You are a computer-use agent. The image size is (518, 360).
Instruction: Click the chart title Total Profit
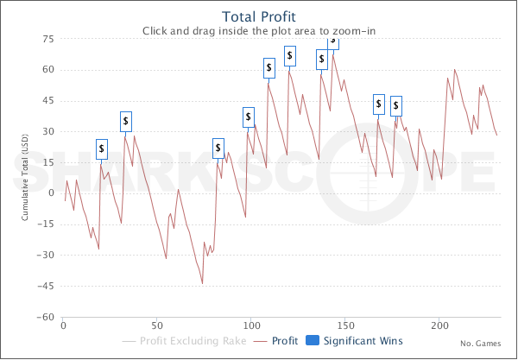[x=259, y=16]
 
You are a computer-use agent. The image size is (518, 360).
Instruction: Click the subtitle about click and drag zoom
[x=258, y=31]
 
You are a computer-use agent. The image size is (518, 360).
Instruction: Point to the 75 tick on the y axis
[x=49, y=40]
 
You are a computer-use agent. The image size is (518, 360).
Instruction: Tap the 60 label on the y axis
[x=49, y=70]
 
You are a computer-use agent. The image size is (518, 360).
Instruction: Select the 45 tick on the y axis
[x=49, y=101]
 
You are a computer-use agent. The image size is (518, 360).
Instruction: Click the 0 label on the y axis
[x=52, y=193]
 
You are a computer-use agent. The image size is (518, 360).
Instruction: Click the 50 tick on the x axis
[x=157, y=327]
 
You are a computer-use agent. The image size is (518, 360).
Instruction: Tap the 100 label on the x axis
[x=251, y=327]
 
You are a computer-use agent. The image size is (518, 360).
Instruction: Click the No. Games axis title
[x=479, y=343]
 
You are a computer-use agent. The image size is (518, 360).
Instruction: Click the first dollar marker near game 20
[x=102, y=149]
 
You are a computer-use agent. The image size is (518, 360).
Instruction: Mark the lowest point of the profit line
[x=202, y=283]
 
